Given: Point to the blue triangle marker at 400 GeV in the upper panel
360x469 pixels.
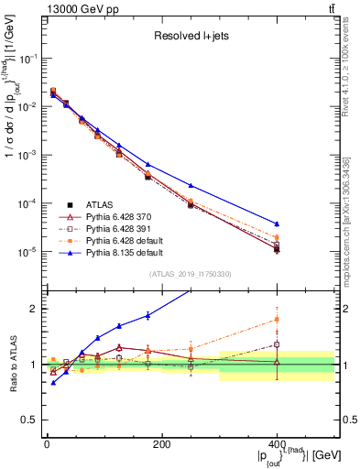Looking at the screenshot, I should point(277,224).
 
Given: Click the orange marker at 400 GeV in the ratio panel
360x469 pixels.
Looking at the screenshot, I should point(277,320).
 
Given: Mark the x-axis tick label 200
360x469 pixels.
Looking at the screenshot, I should point(161,443).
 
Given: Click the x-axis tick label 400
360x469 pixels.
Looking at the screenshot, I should point(277,443).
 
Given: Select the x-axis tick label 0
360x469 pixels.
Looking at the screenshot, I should point(47,443).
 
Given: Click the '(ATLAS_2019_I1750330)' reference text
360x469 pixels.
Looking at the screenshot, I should point(189,274).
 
